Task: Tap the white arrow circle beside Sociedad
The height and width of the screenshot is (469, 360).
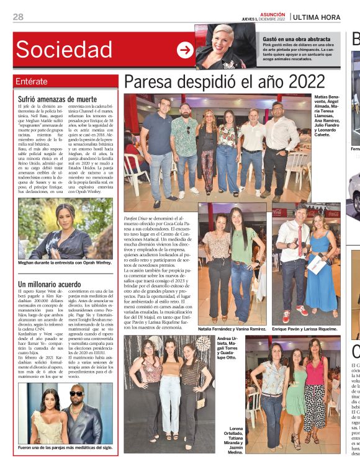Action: [185, 50]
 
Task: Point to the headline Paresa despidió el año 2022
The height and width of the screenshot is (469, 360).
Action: [224, 82]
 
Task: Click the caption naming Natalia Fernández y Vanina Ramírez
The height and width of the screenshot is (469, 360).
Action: [232, 328]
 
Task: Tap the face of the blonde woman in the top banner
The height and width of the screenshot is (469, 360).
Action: [222, 37]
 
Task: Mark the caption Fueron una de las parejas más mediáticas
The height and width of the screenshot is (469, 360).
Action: [65, 447]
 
